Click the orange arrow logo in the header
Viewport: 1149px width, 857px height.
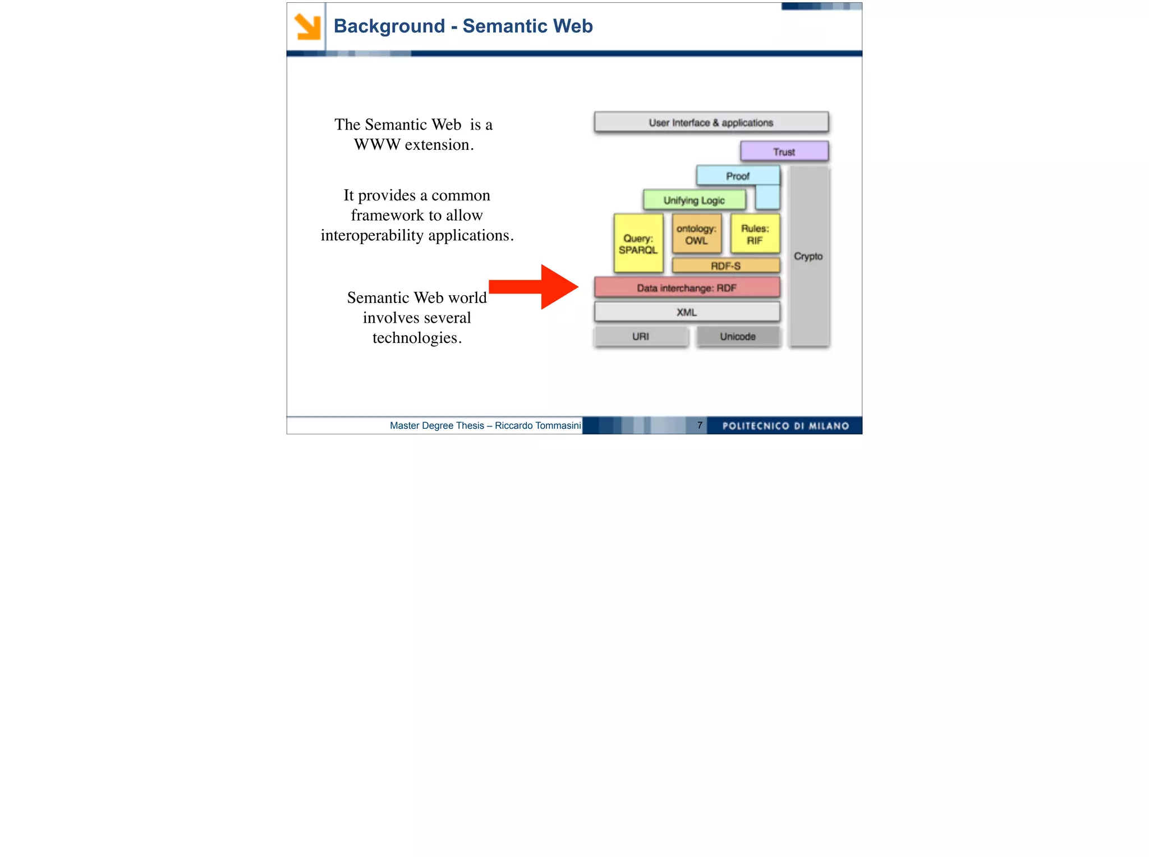point(307,27)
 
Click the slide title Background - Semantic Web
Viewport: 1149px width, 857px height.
point(463,26)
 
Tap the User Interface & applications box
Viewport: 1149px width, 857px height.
point(711,122)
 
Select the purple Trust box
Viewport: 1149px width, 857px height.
point(784,152)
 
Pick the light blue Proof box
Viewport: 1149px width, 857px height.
point(737,176)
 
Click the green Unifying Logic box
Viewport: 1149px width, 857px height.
point(694,200)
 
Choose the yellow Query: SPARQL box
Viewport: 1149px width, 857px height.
point(638,244)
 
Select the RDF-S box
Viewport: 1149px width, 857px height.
point(725,265)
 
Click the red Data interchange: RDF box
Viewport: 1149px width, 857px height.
point(687,288)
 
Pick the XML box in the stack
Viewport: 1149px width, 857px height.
point(687,312)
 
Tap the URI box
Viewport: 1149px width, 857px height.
point(641,336)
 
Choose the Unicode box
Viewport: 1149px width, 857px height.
point(738,336)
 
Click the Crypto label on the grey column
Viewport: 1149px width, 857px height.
point(808,256)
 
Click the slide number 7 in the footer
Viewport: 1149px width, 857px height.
point(700,425)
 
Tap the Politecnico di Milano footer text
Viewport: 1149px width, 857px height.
point(785,426)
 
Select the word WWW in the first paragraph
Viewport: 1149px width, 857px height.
point(377,145)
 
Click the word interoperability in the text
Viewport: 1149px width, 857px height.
point(372,235)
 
